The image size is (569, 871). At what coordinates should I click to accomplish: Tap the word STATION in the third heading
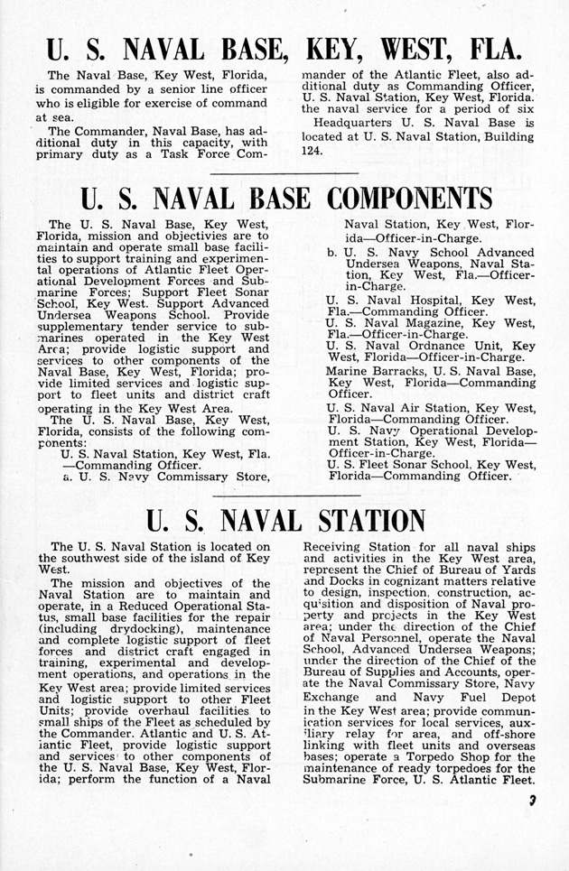[350, 522]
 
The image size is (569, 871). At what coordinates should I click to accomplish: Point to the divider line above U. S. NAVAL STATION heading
[284, 496]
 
